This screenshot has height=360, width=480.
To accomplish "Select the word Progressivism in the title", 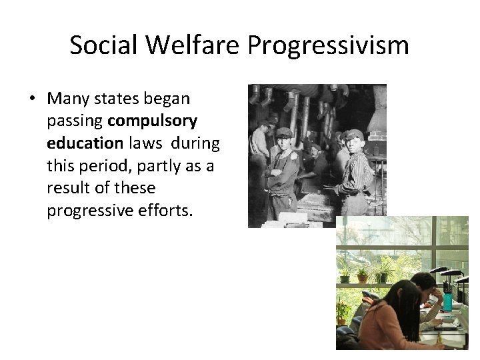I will [330, 45].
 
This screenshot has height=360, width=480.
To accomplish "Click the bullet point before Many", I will [33, 99].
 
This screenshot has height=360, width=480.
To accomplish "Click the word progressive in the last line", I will [89, 211].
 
